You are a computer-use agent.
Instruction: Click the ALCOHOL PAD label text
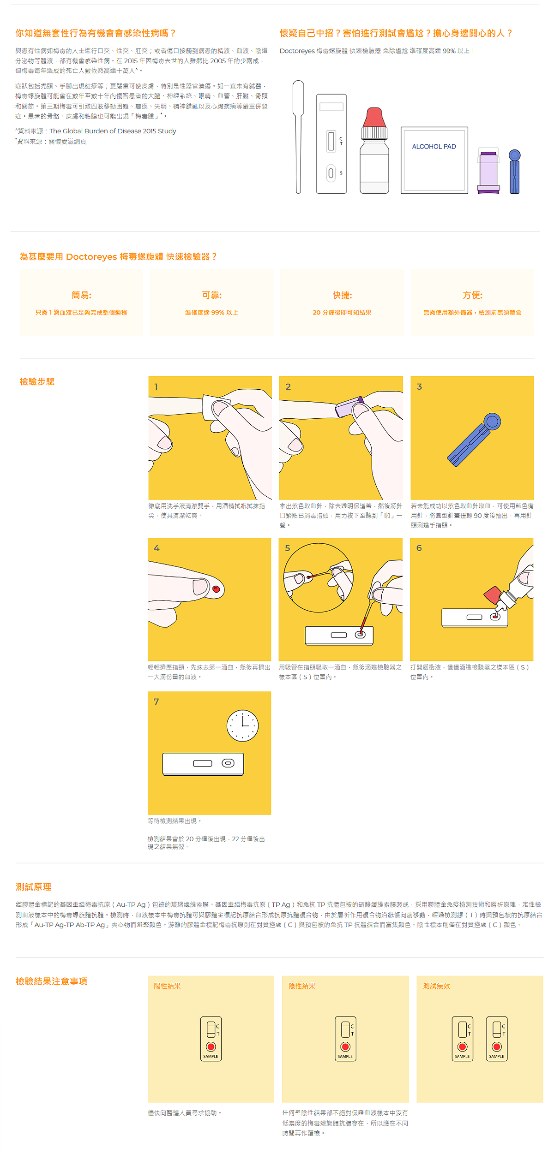tap(434, 147)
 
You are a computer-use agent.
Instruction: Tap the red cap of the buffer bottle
tap(374, 118)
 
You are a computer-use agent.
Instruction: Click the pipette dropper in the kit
tap(298, 137)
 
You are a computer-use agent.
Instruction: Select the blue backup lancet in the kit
tap(515, 172)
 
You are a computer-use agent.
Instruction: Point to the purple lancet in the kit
tap(488, 171)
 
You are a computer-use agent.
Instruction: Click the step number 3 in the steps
tap(419, 386)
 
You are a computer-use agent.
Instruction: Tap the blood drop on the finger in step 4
tap(216, 589)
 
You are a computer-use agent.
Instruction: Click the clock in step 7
tap(242, 725)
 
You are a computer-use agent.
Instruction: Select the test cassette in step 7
tap(203, 764)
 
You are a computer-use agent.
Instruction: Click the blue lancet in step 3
tap(474, 440)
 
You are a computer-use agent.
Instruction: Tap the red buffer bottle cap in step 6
tap(493, 595)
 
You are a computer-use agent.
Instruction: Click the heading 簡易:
tap(81, 295)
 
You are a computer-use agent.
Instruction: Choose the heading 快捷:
tap(342, 295)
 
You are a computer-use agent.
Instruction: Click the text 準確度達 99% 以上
tap(211, 313)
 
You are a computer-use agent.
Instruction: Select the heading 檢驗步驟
tap(37, 382)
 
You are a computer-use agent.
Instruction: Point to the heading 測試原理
tap(33, 887)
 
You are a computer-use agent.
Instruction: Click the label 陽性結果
tap(167, 986)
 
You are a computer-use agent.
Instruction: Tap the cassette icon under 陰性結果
tap(345, 1039)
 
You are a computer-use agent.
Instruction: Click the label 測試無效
tap(436, 986)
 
